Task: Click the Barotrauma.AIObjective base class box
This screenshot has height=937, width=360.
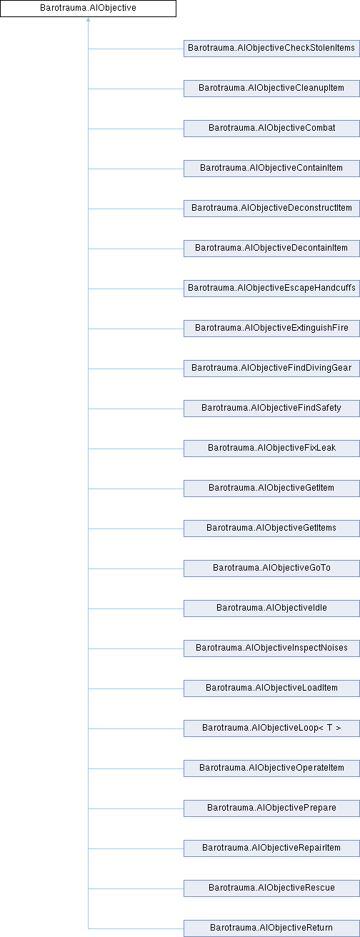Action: pyautogui.click(x=88, y=9)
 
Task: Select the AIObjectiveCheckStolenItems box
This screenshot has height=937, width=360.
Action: pyautogui.click(x=271, y=49)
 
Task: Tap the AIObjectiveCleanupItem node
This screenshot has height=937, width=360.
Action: pyautogui.click(x=271, y=89)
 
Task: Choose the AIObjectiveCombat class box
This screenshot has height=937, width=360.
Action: pyautogui.click(x=271, y=129)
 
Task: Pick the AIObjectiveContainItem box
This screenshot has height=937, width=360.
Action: pyautogui.click(x=271, y=169)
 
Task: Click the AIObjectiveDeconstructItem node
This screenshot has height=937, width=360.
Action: pyautogui.click(x=271, y=209)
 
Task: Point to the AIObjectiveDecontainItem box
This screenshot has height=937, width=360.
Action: pyautogui.click(x=271, y=249)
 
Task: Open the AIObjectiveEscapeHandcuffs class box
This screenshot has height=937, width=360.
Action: pyautogui.click(x=271, y=289)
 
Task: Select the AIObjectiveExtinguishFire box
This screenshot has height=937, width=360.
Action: pyautogui.click(x=271, y=329)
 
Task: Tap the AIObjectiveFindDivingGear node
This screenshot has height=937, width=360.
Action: pyautogui.click(x=271, y=369)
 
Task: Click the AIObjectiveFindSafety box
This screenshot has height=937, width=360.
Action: pyautogui.click(x=271, y=409)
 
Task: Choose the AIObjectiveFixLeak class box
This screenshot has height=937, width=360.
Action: pyautogui.click(x=271, y=449)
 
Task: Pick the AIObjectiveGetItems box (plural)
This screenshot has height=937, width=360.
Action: pyautogui.click(x=271, y=528)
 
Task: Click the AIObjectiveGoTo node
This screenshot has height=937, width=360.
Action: pyautogui.click(x=271, y=568)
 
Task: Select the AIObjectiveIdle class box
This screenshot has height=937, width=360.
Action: pyautogui.click(x=271, y=608)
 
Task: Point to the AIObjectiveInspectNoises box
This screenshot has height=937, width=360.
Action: pyautogui.click(x=271, y=648)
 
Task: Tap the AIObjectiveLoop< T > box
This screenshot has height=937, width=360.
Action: pyautogui.click(x=271, y=728)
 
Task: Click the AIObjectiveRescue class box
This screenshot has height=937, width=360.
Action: pyautogui.click(x=271, y=888)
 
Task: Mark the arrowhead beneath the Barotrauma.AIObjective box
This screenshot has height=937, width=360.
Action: pyautogui.click(x=88, y=19)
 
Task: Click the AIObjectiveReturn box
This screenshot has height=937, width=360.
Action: pyautogui.click(x=271, y=928)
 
